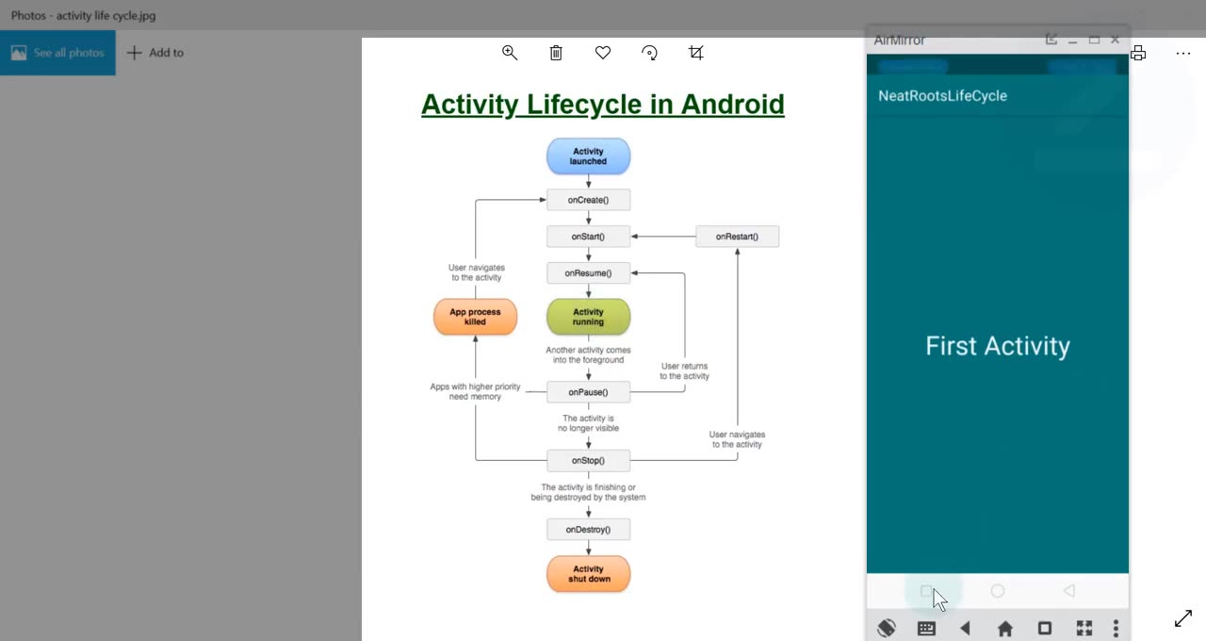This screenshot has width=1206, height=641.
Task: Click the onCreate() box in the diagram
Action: coord(588,200)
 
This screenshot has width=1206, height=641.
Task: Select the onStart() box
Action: coord(588,237)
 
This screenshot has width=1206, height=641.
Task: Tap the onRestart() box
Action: coord(737,237)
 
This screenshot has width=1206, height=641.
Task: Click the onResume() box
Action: coord(588,273)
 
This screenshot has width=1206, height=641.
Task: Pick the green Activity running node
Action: coord(588,317)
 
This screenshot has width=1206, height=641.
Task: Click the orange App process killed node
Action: coord(475,317)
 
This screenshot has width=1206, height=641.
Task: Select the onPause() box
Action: coord(588,392)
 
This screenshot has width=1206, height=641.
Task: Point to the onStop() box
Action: coord(588,461)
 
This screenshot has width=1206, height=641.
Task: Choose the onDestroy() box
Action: coord(588,530)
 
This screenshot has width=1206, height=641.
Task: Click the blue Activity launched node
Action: coord(588,156)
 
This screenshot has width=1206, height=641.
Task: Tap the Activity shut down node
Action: coord(588,574)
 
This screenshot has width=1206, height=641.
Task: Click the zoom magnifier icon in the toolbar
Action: coord(510,53)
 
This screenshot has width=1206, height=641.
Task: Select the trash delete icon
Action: coord(556,53)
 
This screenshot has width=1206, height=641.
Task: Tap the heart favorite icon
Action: coord(603,53)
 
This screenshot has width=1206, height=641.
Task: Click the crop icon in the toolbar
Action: coord(696,53)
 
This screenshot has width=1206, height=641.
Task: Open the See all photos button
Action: coord(57,53)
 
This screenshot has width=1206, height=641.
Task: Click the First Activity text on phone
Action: coord(997,346)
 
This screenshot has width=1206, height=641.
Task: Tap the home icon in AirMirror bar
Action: coord(1005,629)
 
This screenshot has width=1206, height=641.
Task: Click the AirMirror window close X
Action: coord(1116,40)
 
